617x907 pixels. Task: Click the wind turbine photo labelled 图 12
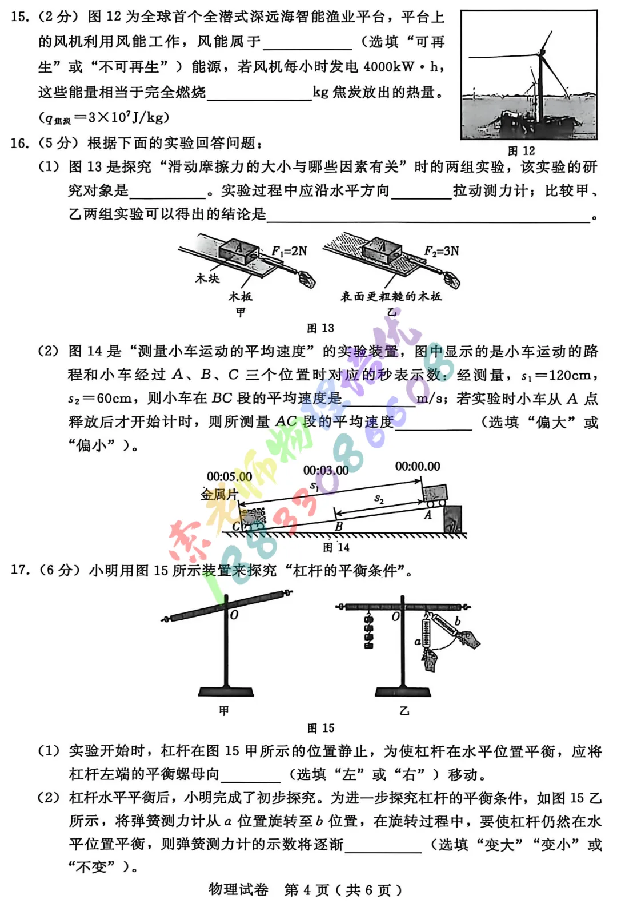[529, 74]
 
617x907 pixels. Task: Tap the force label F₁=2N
[289, 250]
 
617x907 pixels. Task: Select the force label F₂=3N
[442, 250]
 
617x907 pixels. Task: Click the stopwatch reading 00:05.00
[229, 476]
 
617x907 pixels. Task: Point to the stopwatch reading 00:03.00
[326, 470]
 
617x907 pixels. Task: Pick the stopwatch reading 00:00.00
[418, 466]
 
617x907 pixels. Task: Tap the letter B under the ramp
[339, 526]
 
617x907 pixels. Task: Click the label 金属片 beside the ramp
[219, 494]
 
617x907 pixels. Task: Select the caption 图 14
[336, 547]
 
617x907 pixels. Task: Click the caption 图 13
[320, 328]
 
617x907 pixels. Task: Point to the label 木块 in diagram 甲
[207, 279]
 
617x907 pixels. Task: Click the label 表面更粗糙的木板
[391, 296]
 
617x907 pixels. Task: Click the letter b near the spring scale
[457, 621]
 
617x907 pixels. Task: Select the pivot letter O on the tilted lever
[234, 615]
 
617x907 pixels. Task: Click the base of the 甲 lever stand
[226, 691]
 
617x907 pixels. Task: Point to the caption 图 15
[320, 727]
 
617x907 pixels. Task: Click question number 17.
[19, 570]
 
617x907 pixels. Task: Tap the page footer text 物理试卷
[238, 889]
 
